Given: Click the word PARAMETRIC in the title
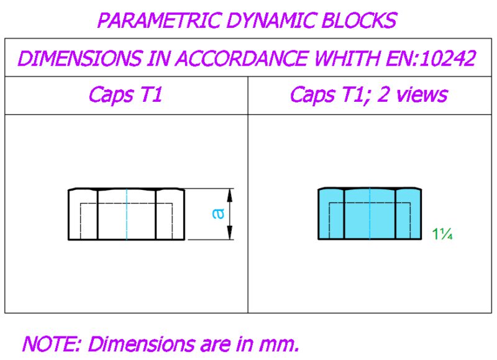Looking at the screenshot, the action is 158,20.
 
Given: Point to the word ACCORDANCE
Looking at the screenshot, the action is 242,58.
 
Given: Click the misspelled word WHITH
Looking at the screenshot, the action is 347,58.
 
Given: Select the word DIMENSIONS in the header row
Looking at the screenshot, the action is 80,58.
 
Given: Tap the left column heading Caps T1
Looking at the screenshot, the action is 125,95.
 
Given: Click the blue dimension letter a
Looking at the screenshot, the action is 218,214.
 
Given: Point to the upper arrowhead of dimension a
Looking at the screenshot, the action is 230,195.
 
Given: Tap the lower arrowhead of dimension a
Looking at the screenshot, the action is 230,233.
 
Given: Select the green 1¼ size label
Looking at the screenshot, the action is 442,234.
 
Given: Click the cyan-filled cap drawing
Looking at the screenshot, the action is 370,214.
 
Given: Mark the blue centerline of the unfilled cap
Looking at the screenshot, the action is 127,214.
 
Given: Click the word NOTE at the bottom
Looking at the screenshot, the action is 52,344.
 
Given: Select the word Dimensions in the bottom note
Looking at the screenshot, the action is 141,344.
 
